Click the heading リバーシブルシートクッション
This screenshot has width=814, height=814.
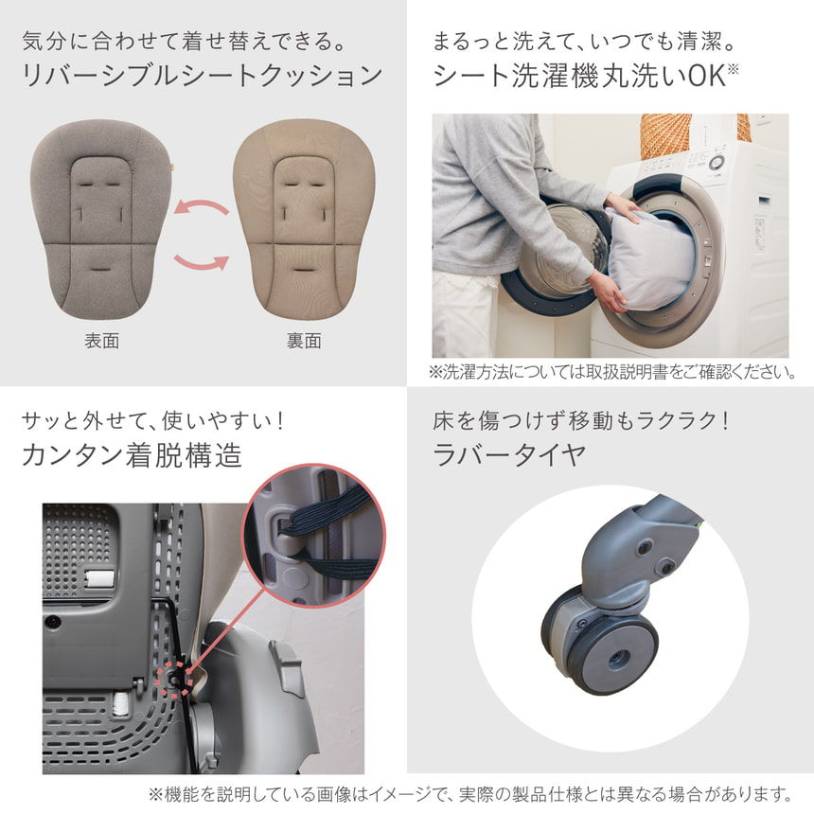202,75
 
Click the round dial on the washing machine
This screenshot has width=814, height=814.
717,162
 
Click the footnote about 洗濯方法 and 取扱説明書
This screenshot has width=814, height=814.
611,372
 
